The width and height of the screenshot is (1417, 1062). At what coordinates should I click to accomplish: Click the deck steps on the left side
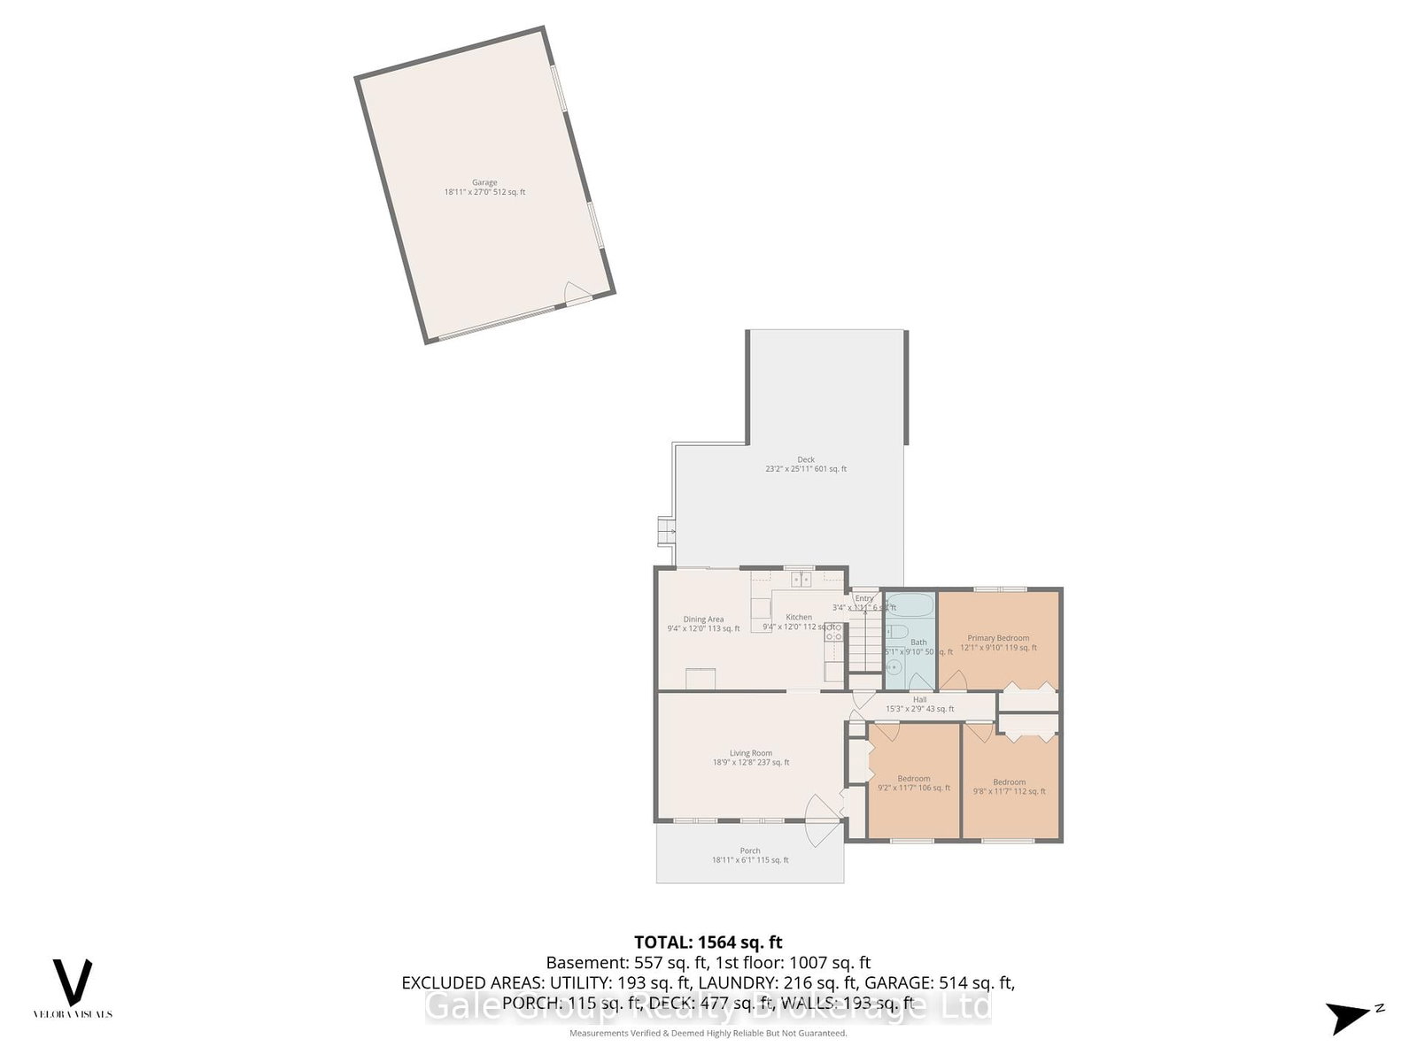[664, 531]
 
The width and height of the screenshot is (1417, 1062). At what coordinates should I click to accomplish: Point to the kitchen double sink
[801, 580]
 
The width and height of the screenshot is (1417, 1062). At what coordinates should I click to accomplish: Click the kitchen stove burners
[833, 631]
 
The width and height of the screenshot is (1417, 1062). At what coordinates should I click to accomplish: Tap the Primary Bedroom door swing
[953, 680]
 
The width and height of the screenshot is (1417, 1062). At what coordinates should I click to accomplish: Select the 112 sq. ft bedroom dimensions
[1009, 791]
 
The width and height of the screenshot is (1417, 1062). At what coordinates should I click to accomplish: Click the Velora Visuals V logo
[73, 981]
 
